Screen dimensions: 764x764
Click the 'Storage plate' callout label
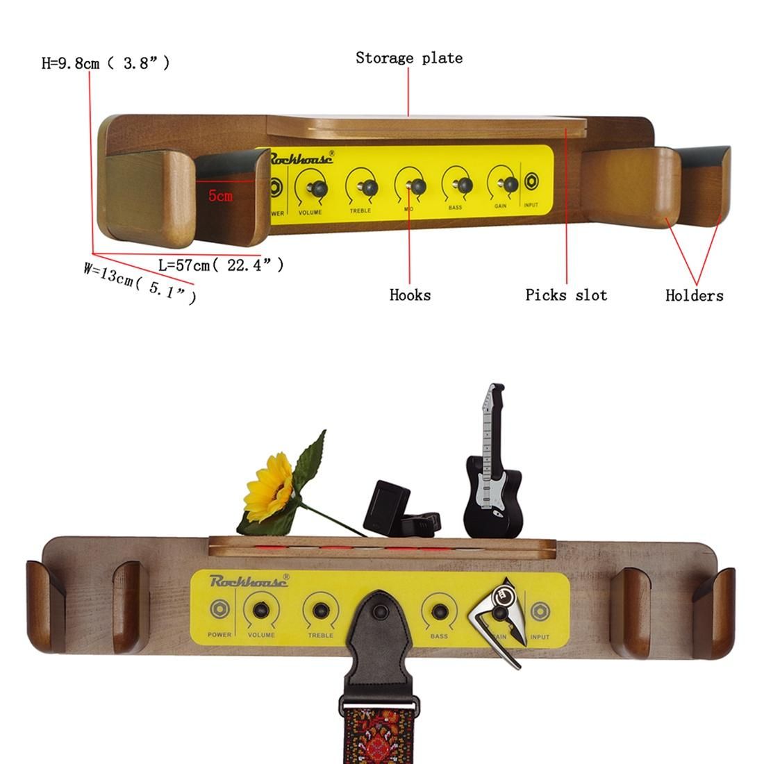(409, 58)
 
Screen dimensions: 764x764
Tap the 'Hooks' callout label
(410, 294)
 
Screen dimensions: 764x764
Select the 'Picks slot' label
(566, 294)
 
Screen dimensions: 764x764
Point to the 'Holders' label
(695, 295)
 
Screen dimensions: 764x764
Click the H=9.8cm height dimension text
(106, 63)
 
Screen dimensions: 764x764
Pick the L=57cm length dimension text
(221, 265)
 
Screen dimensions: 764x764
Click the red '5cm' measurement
(220, 196)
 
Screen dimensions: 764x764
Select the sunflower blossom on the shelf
(269, 488)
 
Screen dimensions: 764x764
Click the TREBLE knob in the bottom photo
(321, 611)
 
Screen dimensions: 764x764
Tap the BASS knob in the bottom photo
(439, 611)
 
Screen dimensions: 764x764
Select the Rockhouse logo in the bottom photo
(249, 581)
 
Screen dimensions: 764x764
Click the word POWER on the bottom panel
(219, 634)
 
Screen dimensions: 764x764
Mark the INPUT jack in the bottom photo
(540, 611)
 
